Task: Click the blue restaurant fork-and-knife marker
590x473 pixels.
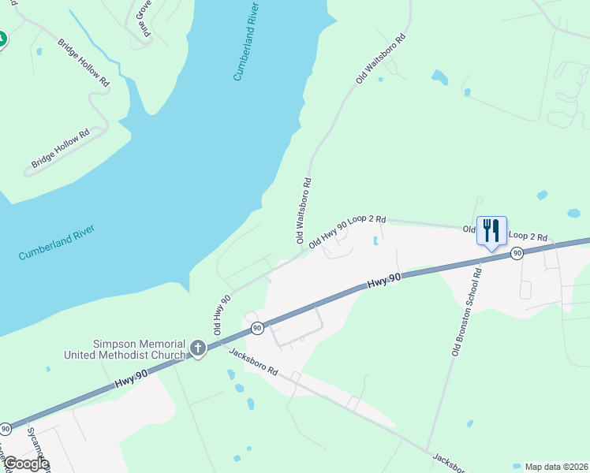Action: click(491, 230)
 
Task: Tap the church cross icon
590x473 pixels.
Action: click(197, 347)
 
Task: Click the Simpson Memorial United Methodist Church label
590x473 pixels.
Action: click(140, 349)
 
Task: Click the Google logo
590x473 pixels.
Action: click(26, 464)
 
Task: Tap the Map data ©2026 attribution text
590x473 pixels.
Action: click(556, 467)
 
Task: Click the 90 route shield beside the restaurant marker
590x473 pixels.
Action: click(517, 253)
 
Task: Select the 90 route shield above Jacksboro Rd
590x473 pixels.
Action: click(256, 327)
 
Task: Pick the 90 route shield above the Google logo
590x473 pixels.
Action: click(6, 429)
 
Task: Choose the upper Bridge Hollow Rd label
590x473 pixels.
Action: click(84, 61)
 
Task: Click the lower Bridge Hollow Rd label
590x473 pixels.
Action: click(61, 148)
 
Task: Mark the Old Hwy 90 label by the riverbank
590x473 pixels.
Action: click(222, 312)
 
